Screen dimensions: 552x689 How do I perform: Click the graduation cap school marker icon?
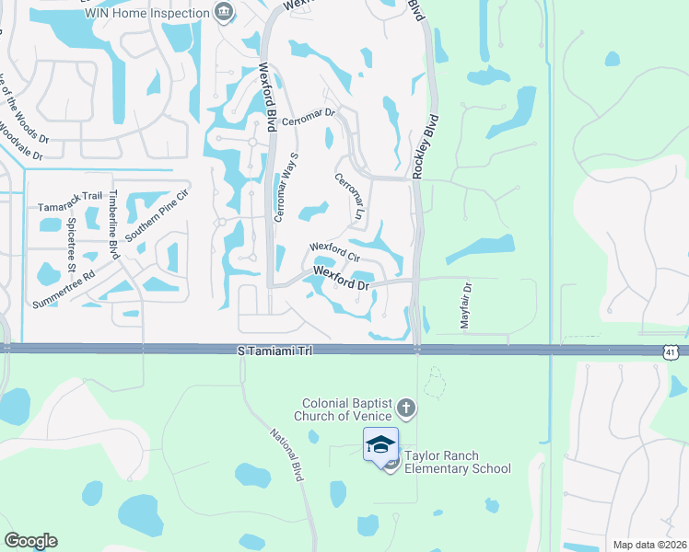[380, 444]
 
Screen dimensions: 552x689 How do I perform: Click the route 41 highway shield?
[676, 351]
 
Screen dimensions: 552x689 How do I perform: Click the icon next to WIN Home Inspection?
[222, 12]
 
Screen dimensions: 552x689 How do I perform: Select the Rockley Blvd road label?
[425, 146]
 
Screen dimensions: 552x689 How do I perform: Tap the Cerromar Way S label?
[286, 189]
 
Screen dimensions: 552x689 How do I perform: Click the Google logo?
[30, 541]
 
